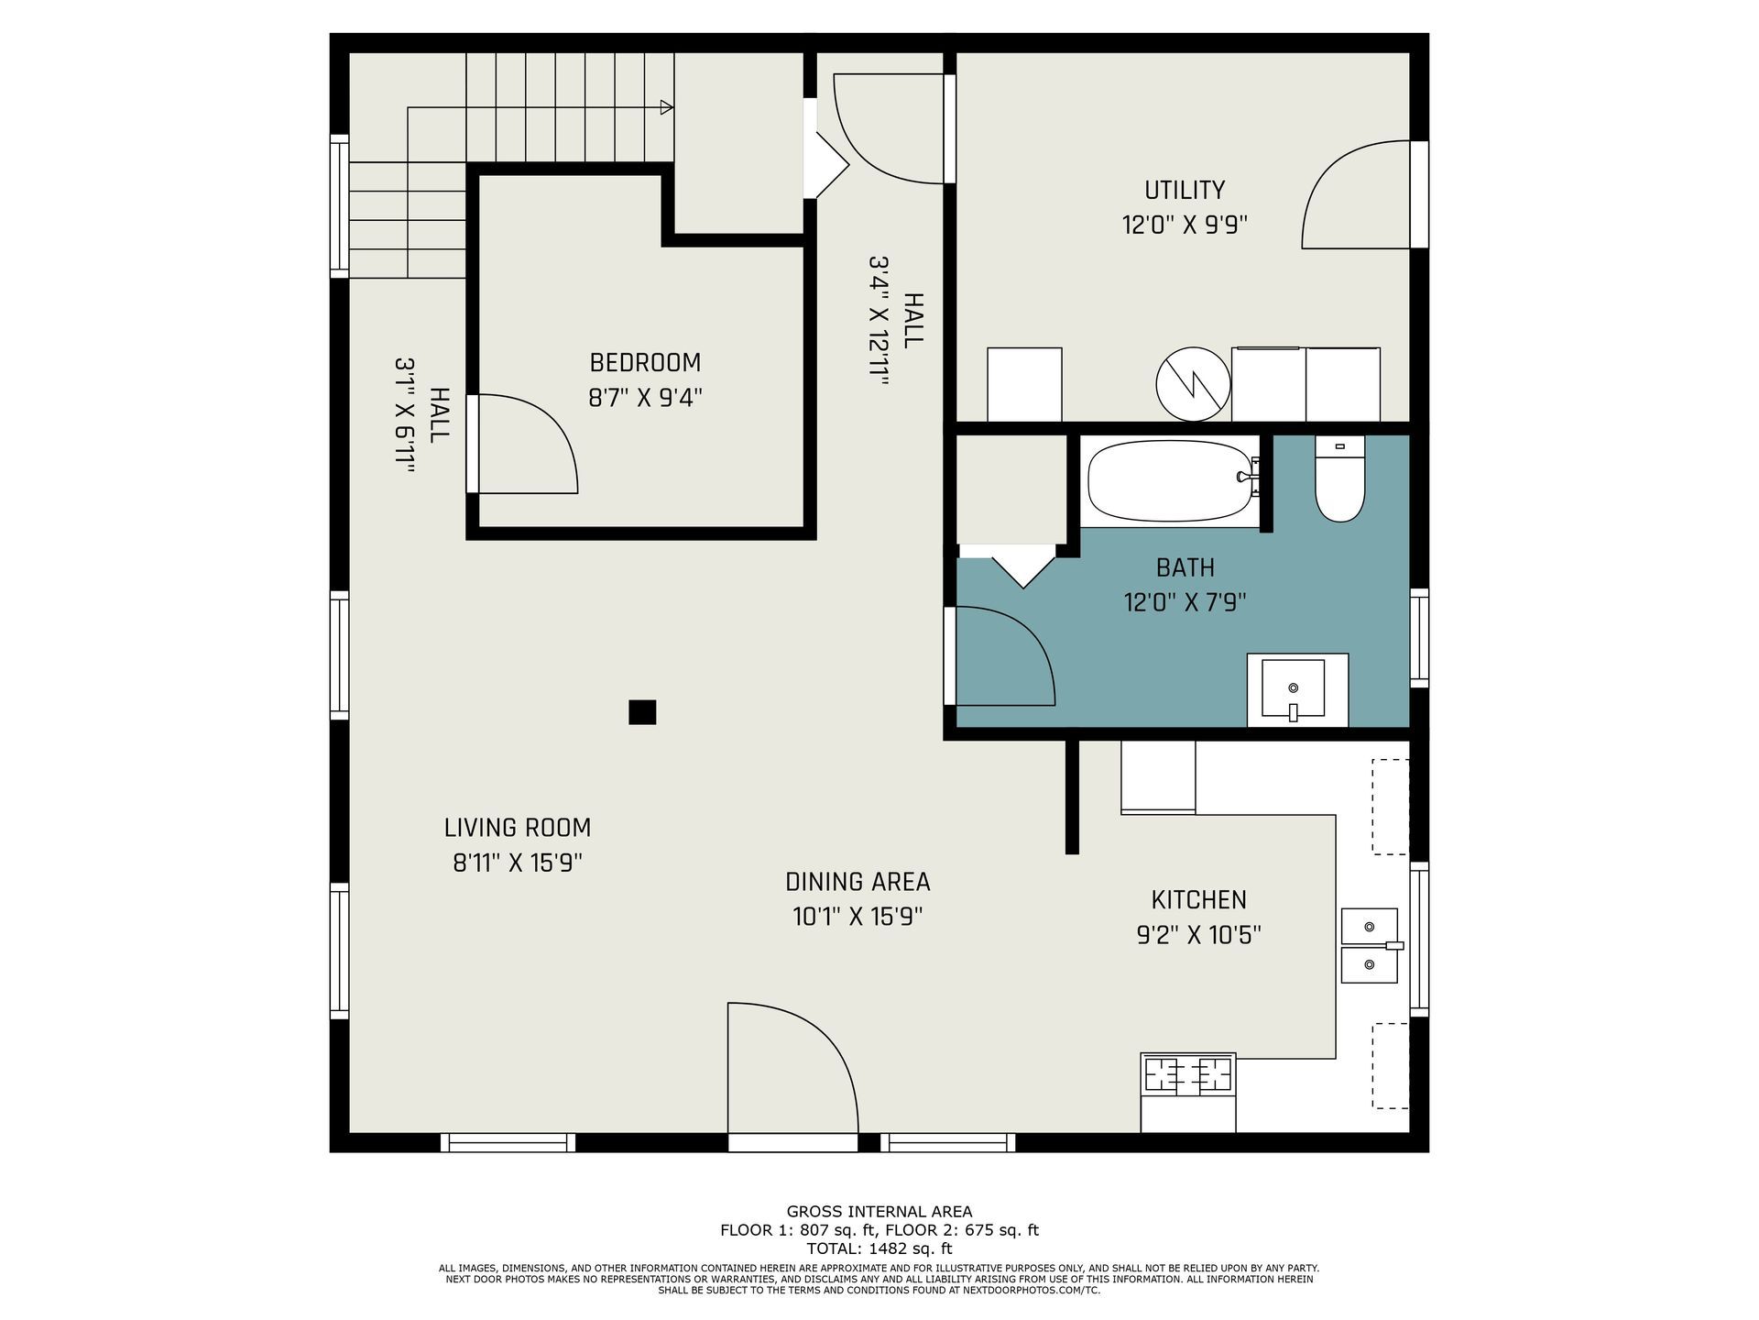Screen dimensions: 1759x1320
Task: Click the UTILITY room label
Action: tap(1185, 190)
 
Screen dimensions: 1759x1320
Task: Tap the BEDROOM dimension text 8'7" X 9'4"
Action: tap(645, 398)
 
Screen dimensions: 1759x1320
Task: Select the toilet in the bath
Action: tap(1339, 478)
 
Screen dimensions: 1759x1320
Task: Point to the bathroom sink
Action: tap(1297, 690)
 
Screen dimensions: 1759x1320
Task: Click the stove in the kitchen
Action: tap(1188, 1092)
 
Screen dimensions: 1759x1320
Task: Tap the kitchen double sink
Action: tap(1371, 946)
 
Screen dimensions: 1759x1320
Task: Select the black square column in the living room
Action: tap(642, 712)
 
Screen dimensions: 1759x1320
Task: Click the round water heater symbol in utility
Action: tap(1193, 384)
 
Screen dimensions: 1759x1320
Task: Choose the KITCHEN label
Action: tap(1198, 900)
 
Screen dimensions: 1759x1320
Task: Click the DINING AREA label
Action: tap(858, 882)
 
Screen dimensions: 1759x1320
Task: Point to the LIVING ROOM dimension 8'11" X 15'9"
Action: tap(518, 863)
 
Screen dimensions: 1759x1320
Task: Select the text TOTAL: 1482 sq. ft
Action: tap(879, 1248)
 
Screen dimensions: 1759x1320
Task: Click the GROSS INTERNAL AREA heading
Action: tap(879, 1212)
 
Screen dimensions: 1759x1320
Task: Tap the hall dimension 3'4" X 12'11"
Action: tap(879, 322)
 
